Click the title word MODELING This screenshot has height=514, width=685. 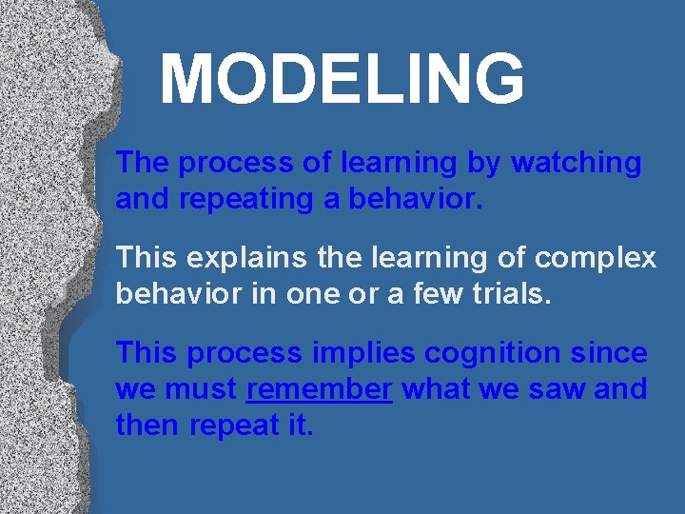click(x=342, y=79)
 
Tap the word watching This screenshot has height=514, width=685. click(x=577, y=163)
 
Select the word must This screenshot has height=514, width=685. click(x=202, y=389)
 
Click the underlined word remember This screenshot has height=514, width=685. click(x=319, y=389)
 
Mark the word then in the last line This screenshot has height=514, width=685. click(x=148, y=425)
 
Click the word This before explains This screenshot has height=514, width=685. click(x=147, y=258)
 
